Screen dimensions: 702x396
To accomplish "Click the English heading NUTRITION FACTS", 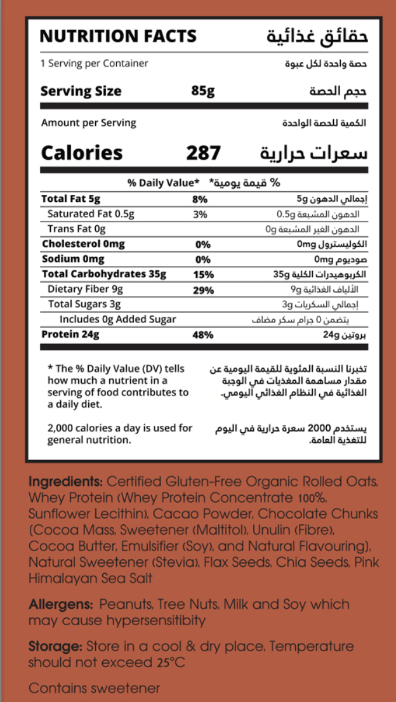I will click(x=118, y=36).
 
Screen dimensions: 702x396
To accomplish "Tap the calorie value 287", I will click(x=203, y=153).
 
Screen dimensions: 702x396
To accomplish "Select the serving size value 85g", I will click(x=202, y=91).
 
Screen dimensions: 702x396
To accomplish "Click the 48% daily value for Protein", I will click(x=202, y=334).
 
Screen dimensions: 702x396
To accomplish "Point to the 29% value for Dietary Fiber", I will click(x=202, y=290).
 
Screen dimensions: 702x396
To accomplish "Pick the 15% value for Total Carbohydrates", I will click(x=202, y=275).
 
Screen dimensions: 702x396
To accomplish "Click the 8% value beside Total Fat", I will click(x=200, y=199).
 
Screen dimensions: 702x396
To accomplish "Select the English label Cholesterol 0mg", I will click(x=83, y=244).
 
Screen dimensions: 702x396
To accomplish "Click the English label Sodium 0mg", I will click(x=73, y=260).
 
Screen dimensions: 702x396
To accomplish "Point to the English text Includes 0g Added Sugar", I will click(x=118, y=319).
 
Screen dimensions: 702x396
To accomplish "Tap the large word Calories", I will click(x=82, y=153).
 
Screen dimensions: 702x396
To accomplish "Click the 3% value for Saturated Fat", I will click(x=200, y=215).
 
